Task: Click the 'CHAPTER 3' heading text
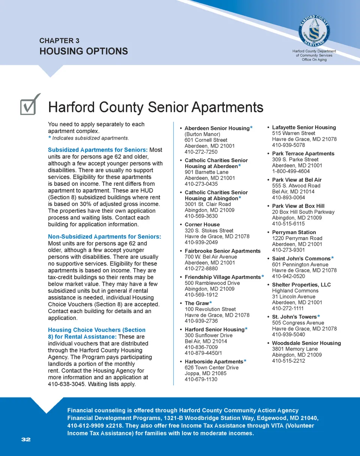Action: pos(59,41)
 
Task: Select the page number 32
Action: pos(26,439)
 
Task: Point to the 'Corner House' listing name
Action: pos(202,224)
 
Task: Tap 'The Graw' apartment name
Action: pos(196,303)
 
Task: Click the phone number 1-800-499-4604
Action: pos(291,171)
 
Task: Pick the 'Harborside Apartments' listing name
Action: pos(214,362)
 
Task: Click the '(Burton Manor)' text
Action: pos(202,134)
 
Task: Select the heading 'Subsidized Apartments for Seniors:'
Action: pos(98,150)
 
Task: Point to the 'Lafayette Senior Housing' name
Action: pos(304,127)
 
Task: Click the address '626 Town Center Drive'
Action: pos(211,367)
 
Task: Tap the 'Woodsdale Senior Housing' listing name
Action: pos(306,343)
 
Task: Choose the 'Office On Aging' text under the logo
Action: pos(314,60)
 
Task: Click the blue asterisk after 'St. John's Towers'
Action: pos(319,317)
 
